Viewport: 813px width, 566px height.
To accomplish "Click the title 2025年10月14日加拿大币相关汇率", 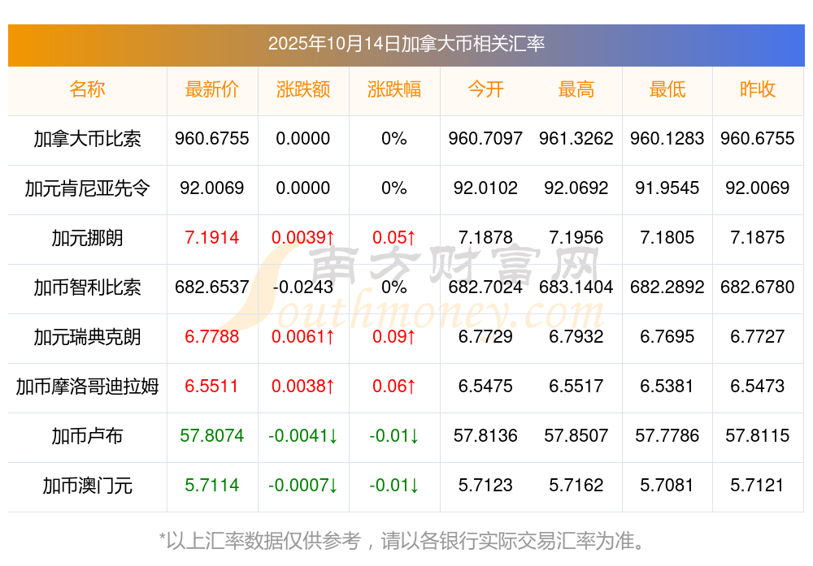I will click(406, 44).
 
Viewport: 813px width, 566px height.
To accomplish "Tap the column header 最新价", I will click(212, 89).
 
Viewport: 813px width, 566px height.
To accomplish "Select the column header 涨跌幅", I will click(394, 89).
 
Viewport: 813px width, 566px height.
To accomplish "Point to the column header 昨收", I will click(758, 89).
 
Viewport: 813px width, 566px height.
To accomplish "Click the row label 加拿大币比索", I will click(88, 139).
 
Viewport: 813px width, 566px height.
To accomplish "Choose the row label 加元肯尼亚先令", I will click(88, 188).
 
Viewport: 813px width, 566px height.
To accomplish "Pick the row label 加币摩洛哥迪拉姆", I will click(88, 387).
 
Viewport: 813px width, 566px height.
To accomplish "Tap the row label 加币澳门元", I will click(88, 486).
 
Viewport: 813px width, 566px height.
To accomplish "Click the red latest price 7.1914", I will click(212, 238).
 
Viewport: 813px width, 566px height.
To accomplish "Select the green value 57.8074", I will click(212, 436).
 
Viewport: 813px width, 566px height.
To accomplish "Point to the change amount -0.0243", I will click(303, 287).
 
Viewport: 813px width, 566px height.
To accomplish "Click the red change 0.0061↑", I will click(303, 337).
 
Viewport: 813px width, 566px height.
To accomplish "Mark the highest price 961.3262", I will click(576, 139).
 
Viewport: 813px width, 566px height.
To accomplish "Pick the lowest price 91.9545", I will click(667, 188).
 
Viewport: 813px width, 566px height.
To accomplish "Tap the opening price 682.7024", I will click(485, 287).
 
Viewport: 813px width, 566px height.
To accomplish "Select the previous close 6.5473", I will click(758, 387).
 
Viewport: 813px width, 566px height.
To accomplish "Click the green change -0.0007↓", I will click(303, 486).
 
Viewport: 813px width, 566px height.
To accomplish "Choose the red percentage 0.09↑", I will click(394, 337).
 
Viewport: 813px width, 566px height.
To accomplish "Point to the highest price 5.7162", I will click(576, 486).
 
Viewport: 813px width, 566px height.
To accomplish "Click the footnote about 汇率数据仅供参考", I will click(406, 540).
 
